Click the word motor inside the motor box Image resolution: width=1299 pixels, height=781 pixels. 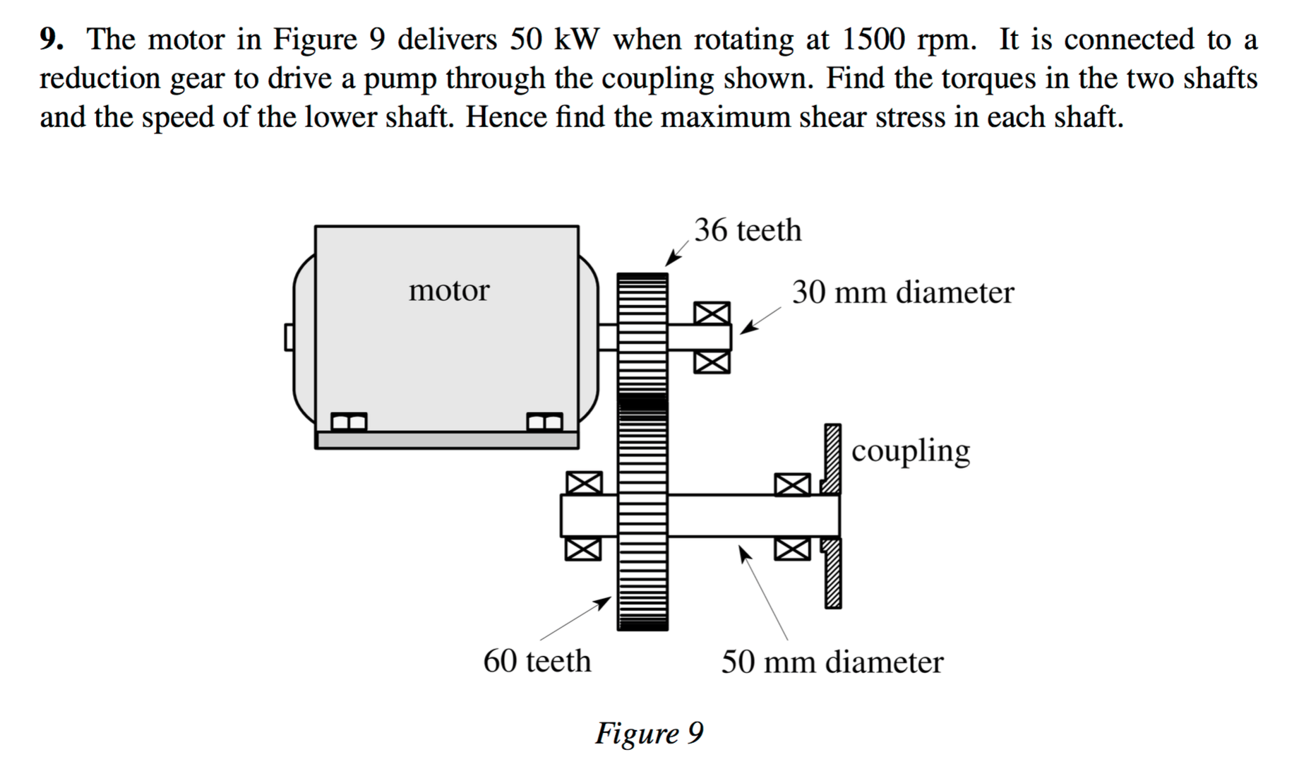(x=449, y=290)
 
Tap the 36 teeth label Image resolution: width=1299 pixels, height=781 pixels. (x=748, y=230)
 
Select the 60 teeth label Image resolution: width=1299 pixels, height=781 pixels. (x=537, y=661)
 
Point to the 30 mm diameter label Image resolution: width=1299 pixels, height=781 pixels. (x=902, y=292)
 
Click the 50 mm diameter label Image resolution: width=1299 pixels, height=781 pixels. (x=832, y=662)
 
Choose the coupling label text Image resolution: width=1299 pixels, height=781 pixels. (x=911, y=451)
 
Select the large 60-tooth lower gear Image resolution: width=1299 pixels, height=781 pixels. (x=642, y=515)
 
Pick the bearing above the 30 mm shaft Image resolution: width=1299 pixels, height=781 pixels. (x=712, y=313)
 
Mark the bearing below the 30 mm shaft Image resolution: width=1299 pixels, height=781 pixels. (x=712, y=362)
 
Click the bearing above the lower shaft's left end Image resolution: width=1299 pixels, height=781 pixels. (x=584, y=483)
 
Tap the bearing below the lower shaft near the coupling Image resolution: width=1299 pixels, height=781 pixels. (x=792, y=548)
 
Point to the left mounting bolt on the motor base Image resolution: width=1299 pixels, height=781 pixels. (x=349, y=422)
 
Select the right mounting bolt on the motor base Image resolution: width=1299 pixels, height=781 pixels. (x=545, y=422)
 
